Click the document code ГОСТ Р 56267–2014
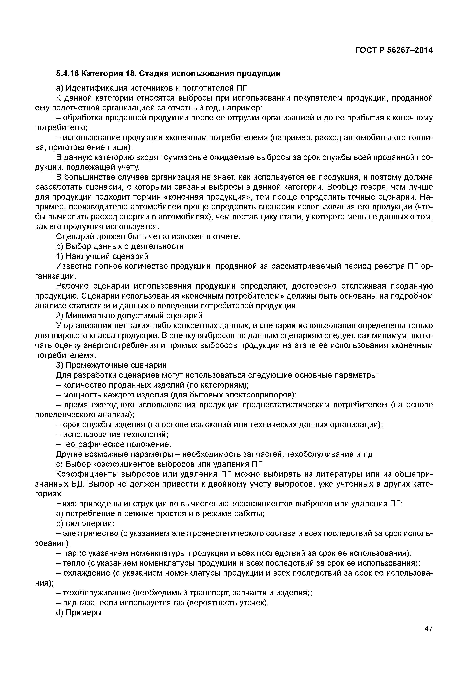[x=394, y=50]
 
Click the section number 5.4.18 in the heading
[x=67, y=74]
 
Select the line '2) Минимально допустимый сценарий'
[x=129, y=316]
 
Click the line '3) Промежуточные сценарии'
[x=111, y=365]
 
